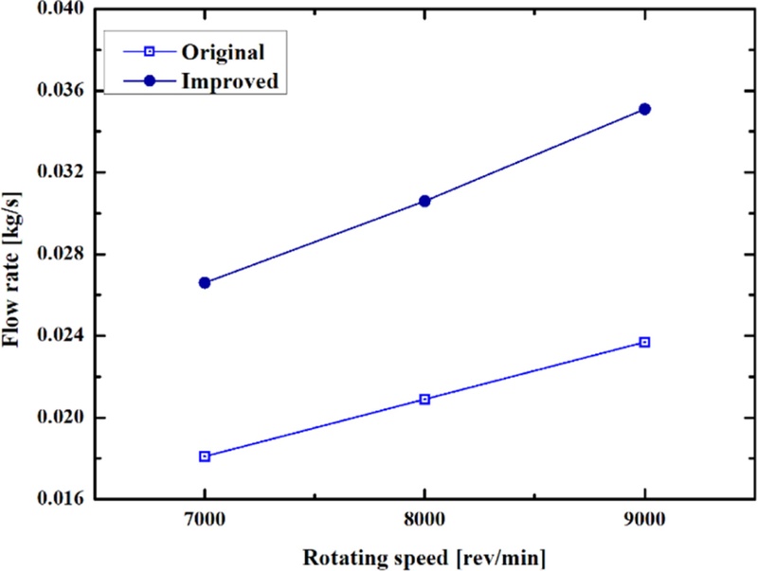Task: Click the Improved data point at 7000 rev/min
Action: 204,282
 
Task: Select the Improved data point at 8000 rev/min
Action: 424,201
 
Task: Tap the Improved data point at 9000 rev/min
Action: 644,109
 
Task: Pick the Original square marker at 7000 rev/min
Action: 204,456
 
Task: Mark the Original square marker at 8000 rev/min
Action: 424,399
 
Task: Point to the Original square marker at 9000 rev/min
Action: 644,342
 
